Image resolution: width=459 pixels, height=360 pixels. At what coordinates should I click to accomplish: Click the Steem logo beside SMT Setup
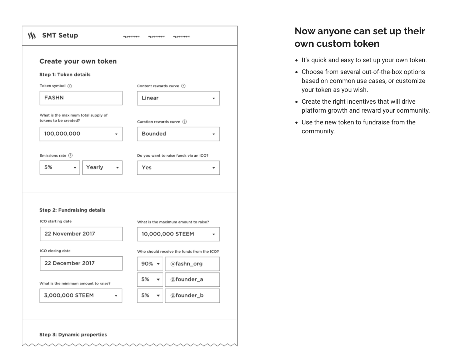point(32,35)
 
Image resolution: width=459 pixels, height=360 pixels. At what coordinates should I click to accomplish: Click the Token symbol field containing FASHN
point(81,98)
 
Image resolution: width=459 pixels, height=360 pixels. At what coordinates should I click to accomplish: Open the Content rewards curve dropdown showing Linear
point(178,98)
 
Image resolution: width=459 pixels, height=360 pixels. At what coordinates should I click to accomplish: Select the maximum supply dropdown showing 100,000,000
point(81,134)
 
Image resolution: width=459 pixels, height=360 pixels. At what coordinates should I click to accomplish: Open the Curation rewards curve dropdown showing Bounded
point(178,134)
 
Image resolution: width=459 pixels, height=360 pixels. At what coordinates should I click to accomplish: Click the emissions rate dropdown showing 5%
point(60,168)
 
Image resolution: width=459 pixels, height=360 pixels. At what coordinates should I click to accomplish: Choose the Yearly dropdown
point(102,168)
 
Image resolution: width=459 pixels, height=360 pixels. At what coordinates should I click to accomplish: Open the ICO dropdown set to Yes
point(178,168)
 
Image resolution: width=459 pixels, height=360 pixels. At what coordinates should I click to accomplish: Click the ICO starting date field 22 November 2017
point(81,234)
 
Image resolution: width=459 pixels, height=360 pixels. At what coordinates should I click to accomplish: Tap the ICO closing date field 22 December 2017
point(81,263)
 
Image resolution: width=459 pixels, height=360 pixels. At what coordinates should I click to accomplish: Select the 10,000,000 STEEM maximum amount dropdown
point(178,234)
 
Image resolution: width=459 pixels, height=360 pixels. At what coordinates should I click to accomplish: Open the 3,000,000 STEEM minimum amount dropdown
point(81,296)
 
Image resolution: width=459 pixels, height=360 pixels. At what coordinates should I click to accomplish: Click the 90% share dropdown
point(150,264)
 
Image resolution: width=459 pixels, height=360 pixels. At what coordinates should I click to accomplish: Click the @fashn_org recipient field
point(192,264)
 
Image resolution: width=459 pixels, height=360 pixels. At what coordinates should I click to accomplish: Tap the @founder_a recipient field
point(192,280)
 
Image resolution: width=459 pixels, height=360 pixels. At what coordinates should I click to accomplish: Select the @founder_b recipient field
point(192,296)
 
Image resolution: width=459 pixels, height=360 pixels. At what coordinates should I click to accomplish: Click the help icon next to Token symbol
point(70,86)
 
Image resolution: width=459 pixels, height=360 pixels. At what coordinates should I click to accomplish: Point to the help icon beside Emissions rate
point(70,156)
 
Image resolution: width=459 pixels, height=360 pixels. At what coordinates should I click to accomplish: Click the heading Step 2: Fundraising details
point(73,210)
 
